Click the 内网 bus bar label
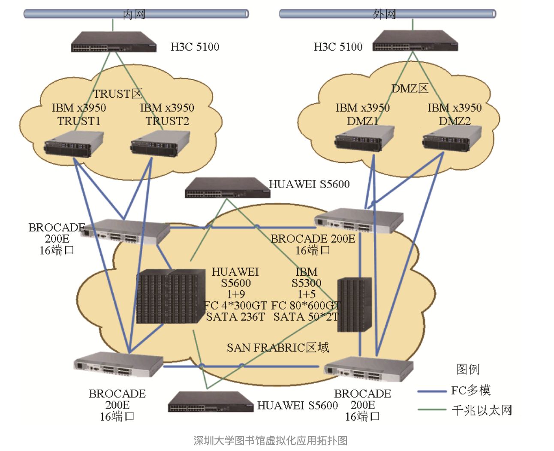(x=134, y=14)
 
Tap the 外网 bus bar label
(x=384, y=14)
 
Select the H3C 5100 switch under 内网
(x=114, y=42)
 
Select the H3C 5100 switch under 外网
(x=415, y=41)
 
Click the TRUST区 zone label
(x=117, y=93)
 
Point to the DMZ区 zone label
(x=410, y=89)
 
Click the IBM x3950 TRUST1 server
(x=74, y=144)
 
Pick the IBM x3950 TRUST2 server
(x=160, y=144)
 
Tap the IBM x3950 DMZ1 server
(x=364, y=138)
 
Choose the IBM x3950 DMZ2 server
(x=452, y=138)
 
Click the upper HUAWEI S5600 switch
(x=227, y=188)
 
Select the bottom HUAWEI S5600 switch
(x=211, y=402)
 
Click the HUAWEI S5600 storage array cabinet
(x=171, y=296)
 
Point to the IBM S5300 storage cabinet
(x=354, y=305)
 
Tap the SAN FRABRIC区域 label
(x=278, y=348)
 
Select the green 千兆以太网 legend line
(x=432, y=410)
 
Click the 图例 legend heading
(x=468, y=369)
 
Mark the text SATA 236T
(x=235, y=317)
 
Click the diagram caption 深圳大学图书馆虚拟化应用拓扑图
(x=270, y=440)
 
